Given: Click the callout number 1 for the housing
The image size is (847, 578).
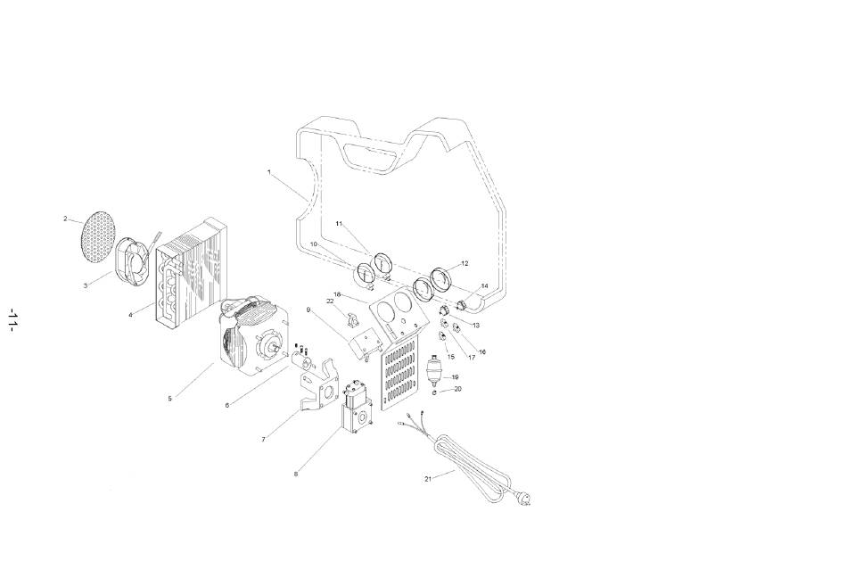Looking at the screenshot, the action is point(269,172).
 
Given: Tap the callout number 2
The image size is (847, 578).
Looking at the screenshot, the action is point(65,219).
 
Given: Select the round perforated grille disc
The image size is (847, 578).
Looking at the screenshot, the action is point(98,236).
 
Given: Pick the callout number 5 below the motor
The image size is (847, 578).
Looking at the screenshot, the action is point(169,399).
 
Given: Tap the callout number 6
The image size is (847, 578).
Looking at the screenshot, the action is point(226,405).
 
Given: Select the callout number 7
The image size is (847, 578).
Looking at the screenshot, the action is point(264,440).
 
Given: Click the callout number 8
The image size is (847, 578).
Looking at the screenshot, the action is point(295,475).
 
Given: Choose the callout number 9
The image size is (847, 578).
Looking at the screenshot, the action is point(308,310).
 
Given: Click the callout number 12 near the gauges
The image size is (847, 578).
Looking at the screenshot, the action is point(465,264).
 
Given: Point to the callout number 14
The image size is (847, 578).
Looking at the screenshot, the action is point(484,285).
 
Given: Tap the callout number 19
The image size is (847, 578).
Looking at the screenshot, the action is point(455,377).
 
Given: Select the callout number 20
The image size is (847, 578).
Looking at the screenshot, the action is point(457,389).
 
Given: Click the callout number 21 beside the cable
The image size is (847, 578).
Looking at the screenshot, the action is point(428,479).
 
